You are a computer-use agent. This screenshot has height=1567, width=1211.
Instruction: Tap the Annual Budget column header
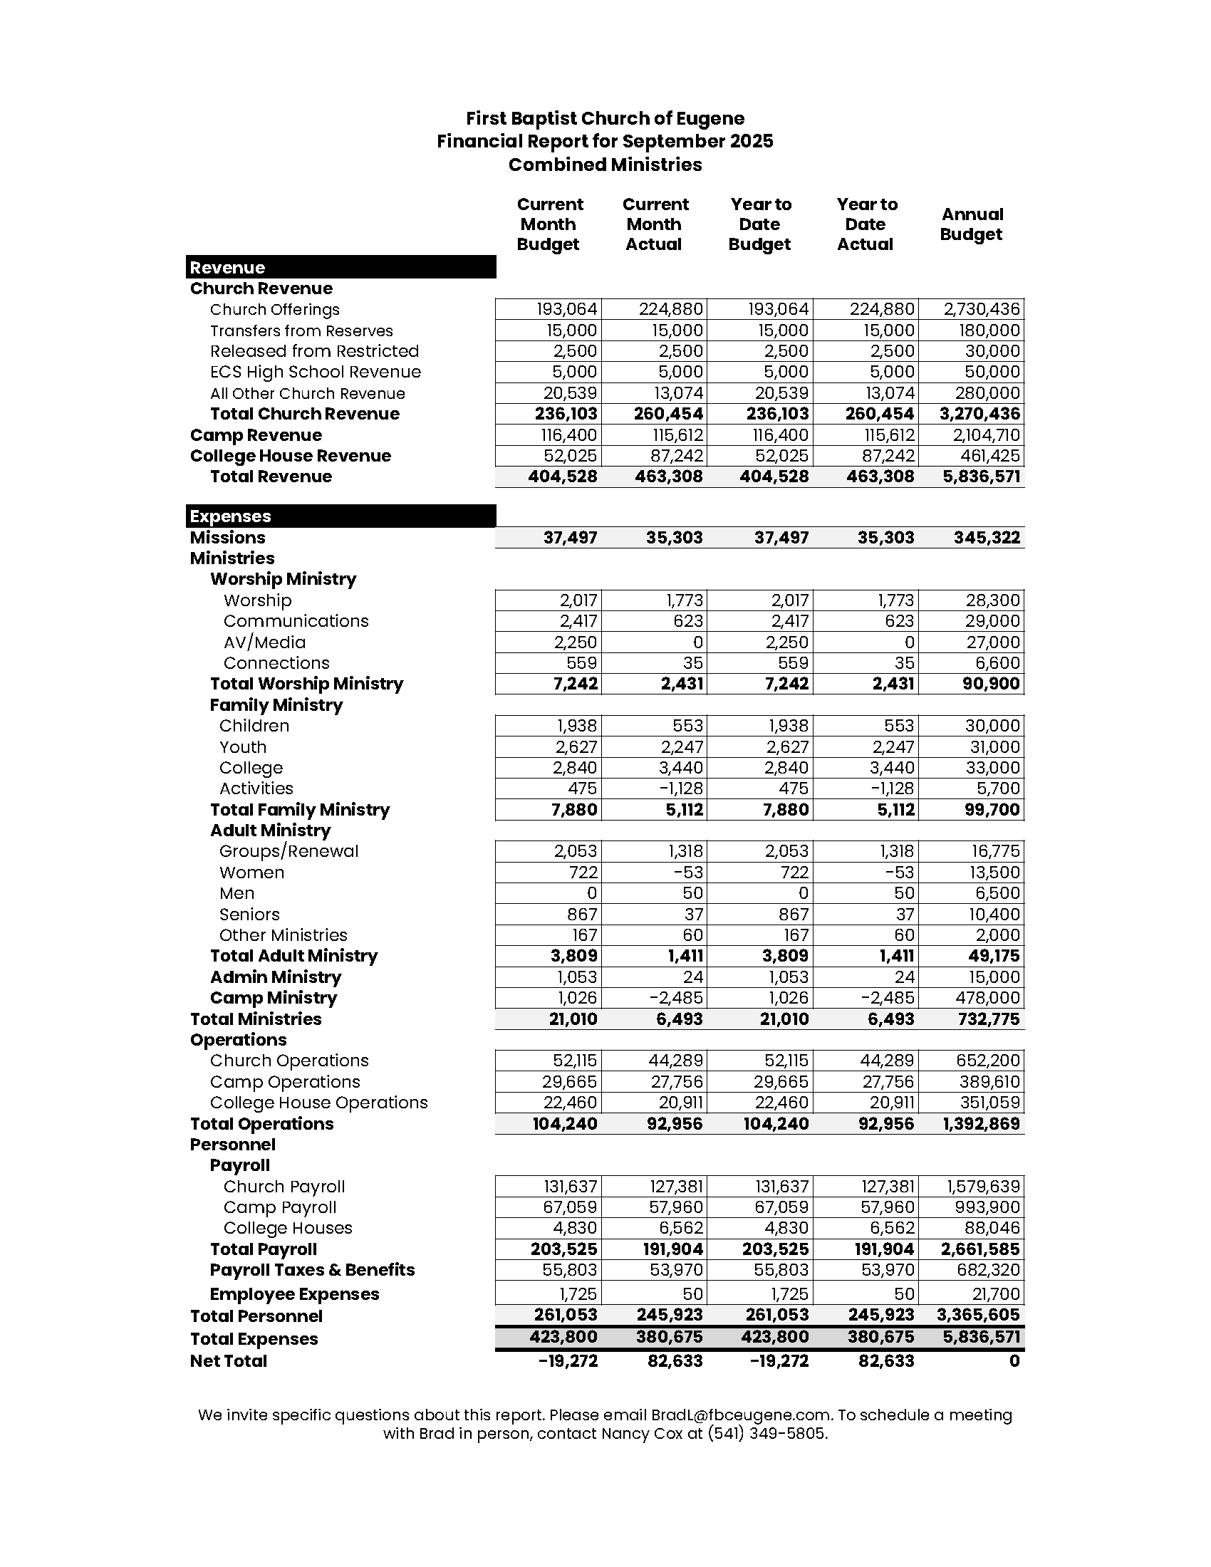click(x=972, y=224)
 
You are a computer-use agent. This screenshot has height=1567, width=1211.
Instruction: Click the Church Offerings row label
click(x=275, y=310)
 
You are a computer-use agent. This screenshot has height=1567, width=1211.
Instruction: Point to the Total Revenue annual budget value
click(x=982, y=477)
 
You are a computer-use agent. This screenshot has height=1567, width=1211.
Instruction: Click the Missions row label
click(x=227, y=538)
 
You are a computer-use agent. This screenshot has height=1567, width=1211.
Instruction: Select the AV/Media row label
click(x=265, y=643)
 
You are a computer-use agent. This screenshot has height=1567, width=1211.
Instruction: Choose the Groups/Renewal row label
click(x=289, y=852)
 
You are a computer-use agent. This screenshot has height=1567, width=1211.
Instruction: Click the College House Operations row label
click(x=318, y=1103)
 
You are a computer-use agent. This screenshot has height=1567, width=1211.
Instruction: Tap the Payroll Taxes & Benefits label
click(x=312, y=1270)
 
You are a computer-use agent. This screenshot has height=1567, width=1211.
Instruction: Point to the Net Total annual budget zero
click(x=1014, y=1361)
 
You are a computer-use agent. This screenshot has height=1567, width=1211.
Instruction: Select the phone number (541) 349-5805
click(x=767, y=1435)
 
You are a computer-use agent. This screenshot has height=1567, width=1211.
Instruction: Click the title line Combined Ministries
click(x=605, y=165)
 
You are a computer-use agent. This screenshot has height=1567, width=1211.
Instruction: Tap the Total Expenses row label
click(x=254, y=1339)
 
